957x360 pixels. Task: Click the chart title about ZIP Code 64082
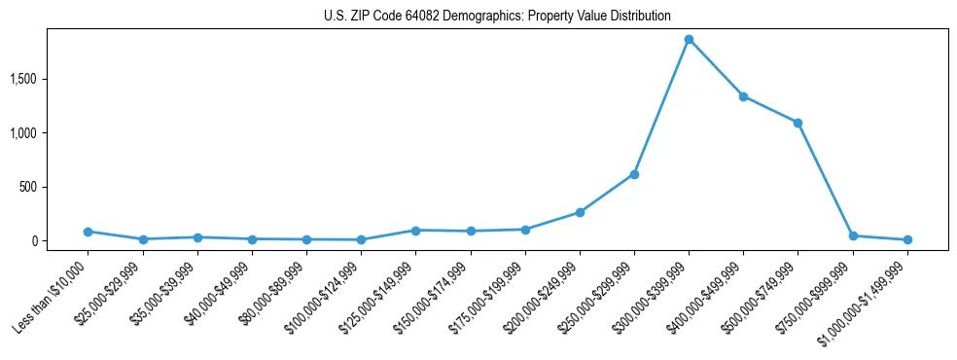click(497, 16)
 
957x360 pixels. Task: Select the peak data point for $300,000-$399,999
click(689, 40)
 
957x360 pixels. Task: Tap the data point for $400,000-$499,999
click(743, 96)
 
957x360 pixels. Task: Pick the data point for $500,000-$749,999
click(797, 123)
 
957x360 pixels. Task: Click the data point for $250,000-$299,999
click(634, 174)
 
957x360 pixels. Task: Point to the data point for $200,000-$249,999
click(580, 212)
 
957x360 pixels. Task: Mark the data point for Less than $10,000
click(88, 232)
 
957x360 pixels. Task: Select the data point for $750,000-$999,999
click(853, 235)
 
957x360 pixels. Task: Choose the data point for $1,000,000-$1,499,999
click(907, 239)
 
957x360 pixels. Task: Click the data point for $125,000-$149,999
click(415, 231)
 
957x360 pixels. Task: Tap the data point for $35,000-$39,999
click(197, 237)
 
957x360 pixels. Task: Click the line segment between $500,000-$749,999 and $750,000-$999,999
click(825, 179)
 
